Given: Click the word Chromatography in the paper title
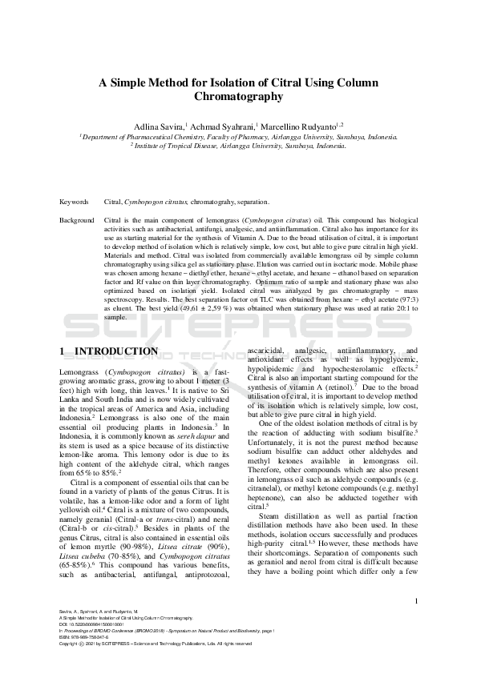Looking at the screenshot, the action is (x=238, y=96).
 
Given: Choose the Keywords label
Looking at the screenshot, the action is (x=75, y=202).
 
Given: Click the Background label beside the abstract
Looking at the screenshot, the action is (x=77, y=219).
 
